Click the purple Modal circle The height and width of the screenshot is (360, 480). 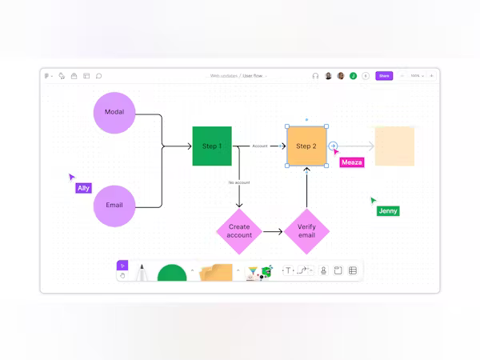(x=114, y=113)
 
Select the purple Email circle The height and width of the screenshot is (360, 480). (x=114, y=206)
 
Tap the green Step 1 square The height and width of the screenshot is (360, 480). (x=212, y=146)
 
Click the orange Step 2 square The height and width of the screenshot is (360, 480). (x=306, y=146)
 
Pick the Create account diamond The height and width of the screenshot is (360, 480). (x=238, y=231)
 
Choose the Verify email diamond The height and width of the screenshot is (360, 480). (x=306, y=231)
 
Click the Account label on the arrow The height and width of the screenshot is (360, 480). (x=260, y=146)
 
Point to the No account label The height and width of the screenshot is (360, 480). (x=239, y=182)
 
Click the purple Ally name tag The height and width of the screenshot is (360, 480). (x=83, y=188)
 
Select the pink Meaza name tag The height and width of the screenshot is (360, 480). (x=351, y=162)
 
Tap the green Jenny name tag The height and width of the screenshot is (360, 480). (x=387, y=211)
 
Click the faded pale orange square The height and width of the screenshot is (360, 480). (x=394, y=146)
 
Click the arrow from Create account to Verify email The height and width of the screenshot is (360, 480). (x=273, y=231)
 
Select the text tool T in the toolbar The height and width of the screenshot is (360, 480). (x=288, y=270)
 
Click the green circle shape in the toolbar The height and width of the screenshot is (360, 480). (x=172, y=273)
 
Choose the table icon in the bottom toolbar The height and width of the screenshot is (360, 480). (x=353, y=270)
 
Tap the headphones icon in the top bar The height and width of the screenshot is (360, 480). (x=315, y=76)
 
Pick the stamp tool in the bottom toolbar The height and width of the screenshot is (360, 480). (x=324, y=270)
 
